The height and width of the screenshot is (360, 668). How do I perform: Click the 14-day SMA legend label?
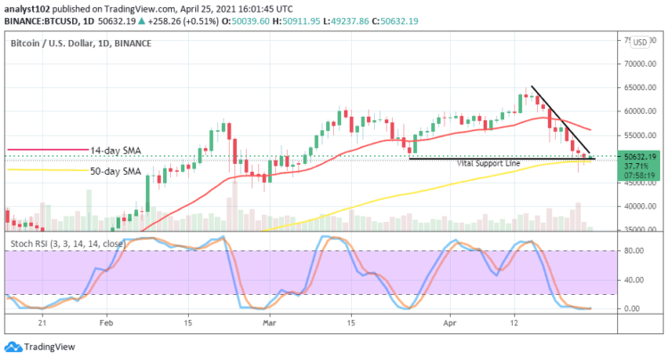[x=116, y=151]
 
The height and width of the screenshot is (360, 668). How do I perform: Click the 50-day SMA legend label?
[x=116, y=170]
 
